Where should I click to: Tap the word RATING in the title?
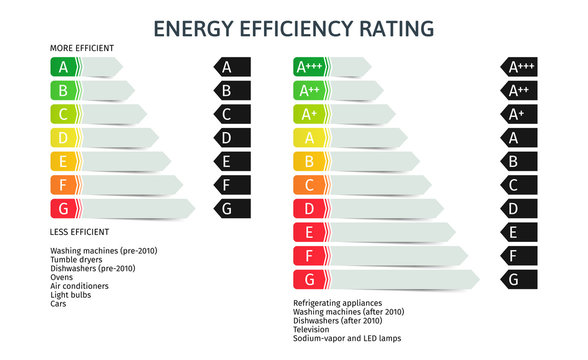[x=396, y=28]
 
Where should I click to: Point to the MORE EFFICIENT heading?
[x=82, y=48]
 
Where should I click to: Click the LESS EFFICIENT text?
[x=80, y=232]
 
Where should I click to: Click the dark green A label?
[x=65, y=67]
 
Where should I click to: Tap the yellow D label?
[x=65, y=137]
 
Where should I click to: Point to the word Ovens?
[x=62, y=277]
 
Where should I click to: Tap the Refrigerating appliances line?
[x=338, y=302]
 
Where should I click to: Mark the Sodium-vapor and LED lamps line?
[x=346, y=338]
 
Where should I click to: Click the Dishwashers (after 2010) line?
[x=338, y=320]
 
